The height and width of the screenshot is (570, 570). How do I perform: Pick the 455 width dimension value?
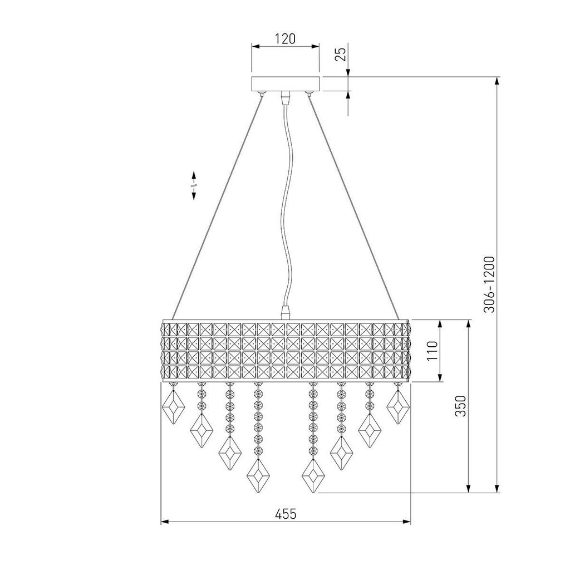pyautogui.click(x=285, y=514)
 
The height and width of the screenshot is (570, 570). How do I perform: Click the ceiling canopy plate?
pyautogui.click(x=286, y=84)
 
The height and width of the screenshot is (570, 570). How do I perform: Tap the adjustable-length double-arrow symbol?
pyautogui.click(x=194, y=185)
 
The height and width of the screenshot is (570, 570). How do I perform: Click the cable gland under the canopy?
pyautogui.click(x=286, y=98)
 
